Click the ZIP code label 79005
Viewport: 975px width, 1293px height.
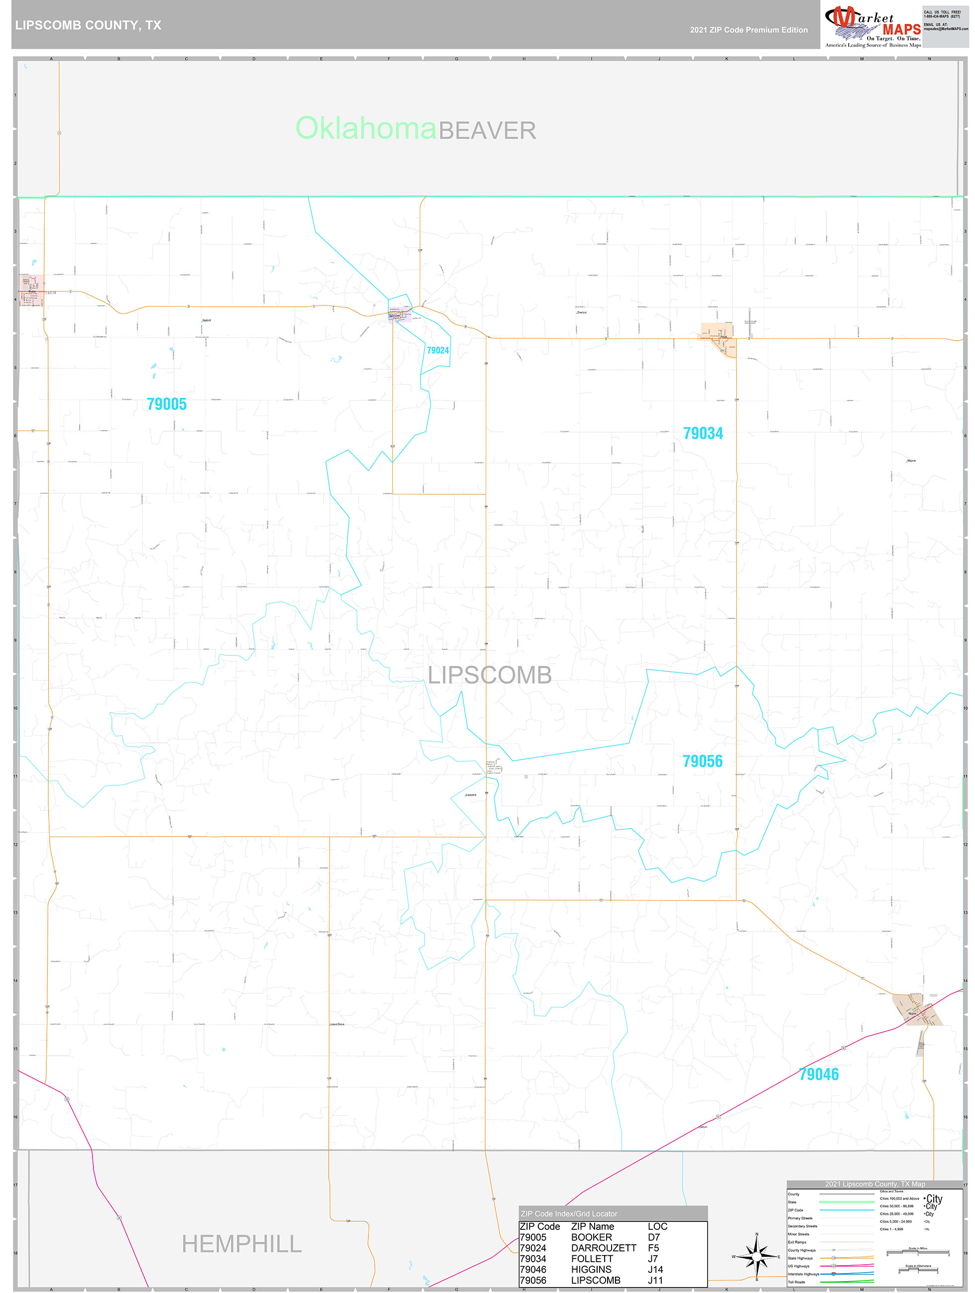click(167, 404)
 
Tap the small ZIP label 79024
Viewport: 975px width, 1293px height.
click(438, 350)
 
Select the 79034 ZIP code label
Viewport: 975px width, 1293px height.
click(703, 433)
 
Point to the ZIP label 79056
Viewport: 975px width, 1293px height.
click(702, 761)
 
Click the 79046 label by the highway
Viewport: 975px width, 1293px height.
click(818, 1074)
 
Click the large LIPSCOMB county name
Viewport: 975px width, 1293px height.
click(490, 675)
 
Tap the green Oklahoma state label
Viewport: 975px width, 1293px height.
click(365, 128)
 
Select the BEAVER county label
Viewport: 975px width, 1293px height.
click(487, 130)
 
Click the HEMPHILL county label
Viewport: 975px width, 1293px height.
click(242, 1244)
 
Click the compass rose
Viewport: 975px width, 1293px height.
click(756, 1256)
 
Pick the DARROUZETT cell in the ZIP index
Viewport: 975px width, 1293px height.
click(603, 1247)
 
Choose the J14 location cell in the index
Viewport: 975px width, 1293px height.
click(655, 1269)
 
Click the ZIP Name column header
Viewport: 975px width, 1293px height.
click(592, 1226)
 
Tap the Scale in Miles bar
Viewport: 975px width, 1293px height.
click(917, 1253)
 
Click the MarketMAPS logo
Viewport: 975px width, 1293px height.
click(872, 24)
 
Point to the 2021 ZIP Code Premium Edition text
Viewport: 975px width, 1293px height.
click(748, 30)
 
